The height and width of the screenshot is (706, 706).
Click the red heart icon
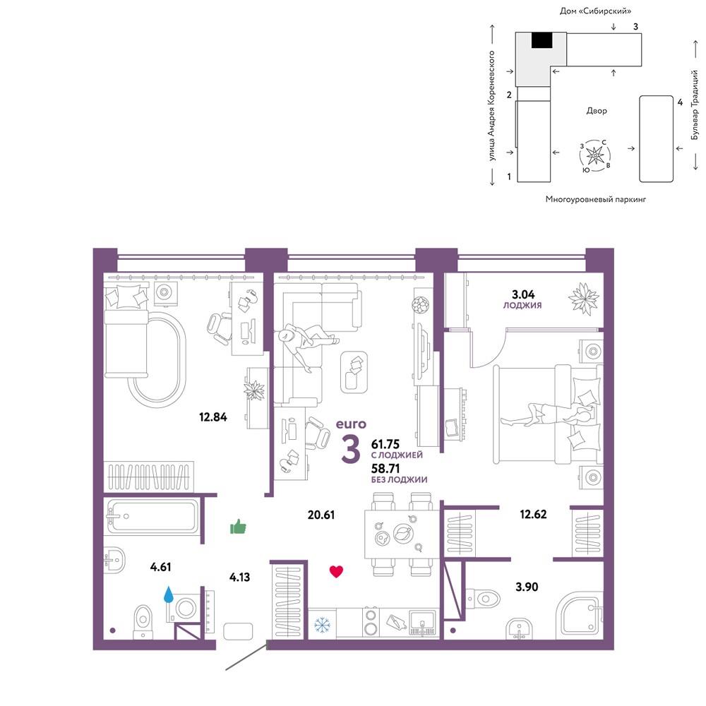(336, 571)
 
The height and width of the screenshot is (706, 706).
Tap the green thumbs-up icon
(238, 526)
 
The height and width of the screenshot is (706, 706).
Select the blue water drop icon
(169, 594)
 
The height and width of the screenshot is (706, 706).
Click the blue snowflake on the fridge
(322, 625)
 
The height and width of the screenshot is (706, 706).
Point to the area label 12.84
(213, 417)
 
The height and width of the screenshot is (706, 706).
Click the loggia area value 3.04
(523, 294)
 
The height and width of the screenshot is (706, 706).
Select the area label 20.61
(321, 514)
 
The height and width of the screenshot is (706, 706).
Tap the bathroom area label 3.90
(527, 587)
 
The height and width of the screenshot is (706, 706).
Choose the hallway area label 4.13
(239, 577)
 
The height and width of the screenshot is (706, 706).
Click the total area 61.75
(385, 444)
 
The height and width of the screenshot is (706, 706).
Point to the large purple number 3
(351, 449)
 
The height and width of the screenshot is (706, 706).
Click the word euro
(351, 424)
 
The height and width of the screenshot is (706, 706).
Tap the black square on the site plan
(542, 40)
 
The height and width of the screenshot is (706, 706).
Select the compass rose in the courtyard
(595, 155)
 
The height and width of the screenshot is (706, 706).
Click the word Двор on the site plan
(597, 110)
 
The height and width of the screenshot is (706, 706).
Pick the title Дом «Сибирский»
(595, 11)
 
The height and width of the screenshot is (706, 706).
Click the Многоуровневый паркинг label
(596, 199)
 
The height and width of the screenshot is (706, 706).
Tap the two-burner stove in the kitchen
(371, 622)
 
